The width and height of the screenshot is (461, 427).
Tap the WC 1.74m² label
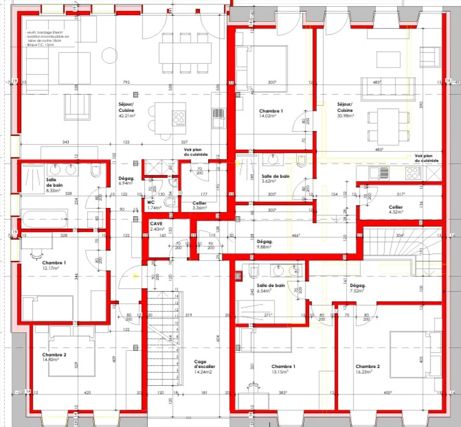(x=154, y=205)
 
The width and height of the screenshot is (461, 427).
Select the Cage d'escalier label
(x=204, y=367)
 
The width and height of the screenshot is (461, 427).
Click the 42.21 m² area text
(x=127, y=116)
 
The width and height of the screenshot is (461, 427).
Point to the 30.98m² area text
(x=345, y=116)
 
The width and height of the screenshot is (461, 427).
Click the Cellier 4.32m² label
(x=396, y=210)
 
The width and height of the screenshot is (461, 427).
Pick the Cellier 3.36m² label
(x=199, y=205)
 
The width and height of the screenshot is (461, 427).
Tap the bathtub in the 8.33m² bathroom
(x=44, y=219)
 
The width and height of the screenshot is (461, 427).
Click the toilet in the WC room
(x=170, y=202)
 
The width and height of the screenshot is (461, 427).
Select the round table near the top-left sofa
(x=109, y=55)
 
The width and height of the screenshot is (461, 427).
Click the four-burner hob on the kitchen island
(x=179, y=118)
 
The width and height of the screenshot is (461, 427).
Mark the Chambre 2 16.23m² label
(x=368, y=369)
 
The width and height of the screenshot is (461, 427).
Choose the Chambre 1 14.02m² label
(x=271, y=114)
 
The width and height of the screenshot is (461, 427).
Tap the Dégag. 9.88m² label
(x=264, y=244)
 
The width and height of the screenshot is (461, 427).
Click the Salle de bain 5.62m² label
(x=275, y=178)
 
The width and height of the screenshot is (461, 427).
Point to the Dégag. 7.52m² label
(x=358, y=288)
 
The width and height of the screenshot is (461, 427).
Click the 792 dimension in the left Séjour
(x=126, y=82)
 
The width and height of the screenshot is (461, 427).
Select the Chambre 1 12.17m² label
(x=54, y=265)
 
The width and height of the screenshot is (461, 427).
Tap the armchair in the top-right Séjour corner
(x=430, y=57)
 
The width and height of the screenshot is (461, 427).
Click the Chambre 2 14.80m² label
(x=54, y=357)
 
